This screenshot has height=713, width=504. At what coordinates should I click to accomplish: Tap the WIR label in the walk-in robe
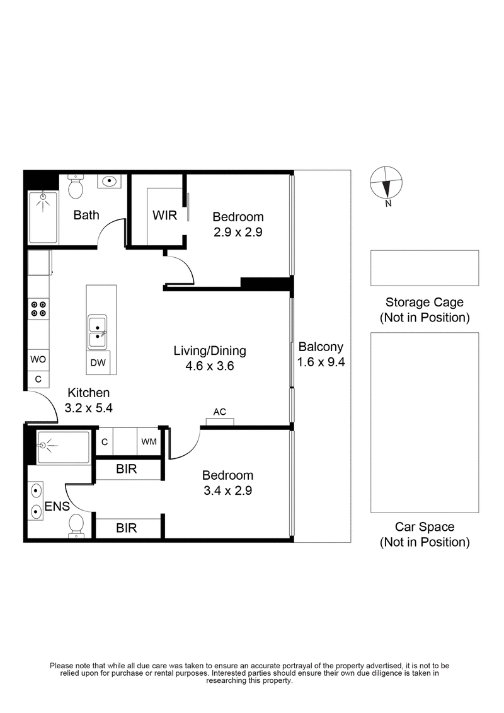[164, 214]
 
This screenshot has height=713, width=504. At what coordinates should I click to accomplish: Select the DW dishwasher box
[98, 362]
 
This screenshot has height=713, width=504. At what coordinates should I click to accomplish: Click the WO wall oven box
[37, 359]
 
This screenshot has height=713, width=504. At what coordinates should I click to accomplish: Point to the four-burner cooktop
[38, 308]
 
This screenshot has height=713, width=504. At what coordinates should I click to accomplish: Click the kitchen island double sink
[98, 332]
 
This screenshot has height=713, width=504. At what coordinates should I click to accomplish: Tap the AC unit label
[220, 412]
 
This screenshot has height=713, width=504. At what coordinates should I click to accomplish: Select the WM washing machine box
[149, 442]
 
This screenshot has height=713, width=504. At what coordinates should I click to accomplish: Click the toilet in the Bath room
[76, 185]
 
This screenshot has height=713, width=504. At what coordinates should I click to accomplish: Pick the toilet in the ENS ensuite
[76, 525]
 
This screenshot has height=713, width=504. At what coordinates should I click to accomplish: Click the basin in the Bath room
[110, 182]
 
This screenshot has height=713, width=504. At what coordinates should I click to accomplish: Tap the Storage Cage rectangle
[424, 268]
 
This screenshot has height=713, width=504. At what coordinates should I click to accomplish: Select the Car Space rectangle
[424, 422]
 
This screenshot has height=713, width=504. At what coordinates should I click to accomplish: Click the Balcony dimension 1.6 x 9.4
[321, 362]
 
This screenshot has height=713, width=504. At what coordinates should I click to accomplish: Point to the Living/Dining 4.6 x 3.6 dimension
[210, 366]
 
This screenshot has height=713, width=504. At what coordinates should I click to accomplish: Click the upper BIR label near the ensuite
[127, 470]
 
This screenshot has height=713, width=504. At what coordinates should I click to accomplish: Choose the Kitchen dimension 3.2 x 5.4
[88, 408]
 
